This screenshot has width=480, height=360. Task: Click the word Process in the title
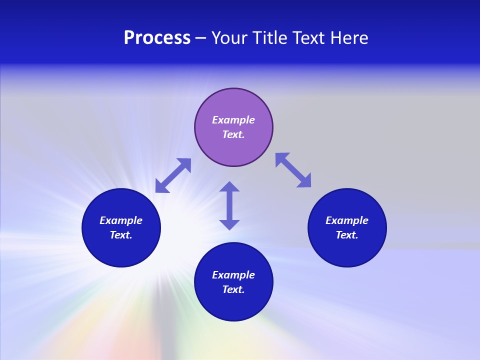(x=157, y=38)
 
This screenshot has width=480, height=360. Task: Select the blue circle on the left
(x=121, y=250)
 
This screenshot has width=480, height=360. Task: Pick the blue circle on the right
(x=347, y=250)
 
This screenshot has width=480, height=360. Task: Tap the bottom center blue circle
(x=233, y=305)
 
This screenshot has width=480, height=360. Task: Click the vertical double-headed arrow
(x=229, y=205)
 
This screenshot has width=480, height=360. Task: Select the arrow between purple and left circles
(x=173, y=175)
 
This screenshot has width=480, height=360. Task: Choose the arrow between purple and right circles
(x=293, y=170)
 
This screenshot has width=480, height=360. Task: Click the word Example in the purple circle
(x=233, y=120)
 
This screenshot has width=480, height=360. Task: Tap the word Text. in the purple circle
(x=233, y=134)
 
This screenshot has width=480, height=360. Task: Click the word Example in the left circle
(x=121, y=220)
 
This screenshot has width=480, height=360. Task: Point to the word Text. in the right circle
(x=347, y=235)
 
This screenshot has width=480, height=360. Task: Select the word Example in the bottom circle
(x=233, y=275)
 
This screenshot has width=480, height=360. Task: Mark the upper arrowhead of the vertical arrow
(x=229, y=187)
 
